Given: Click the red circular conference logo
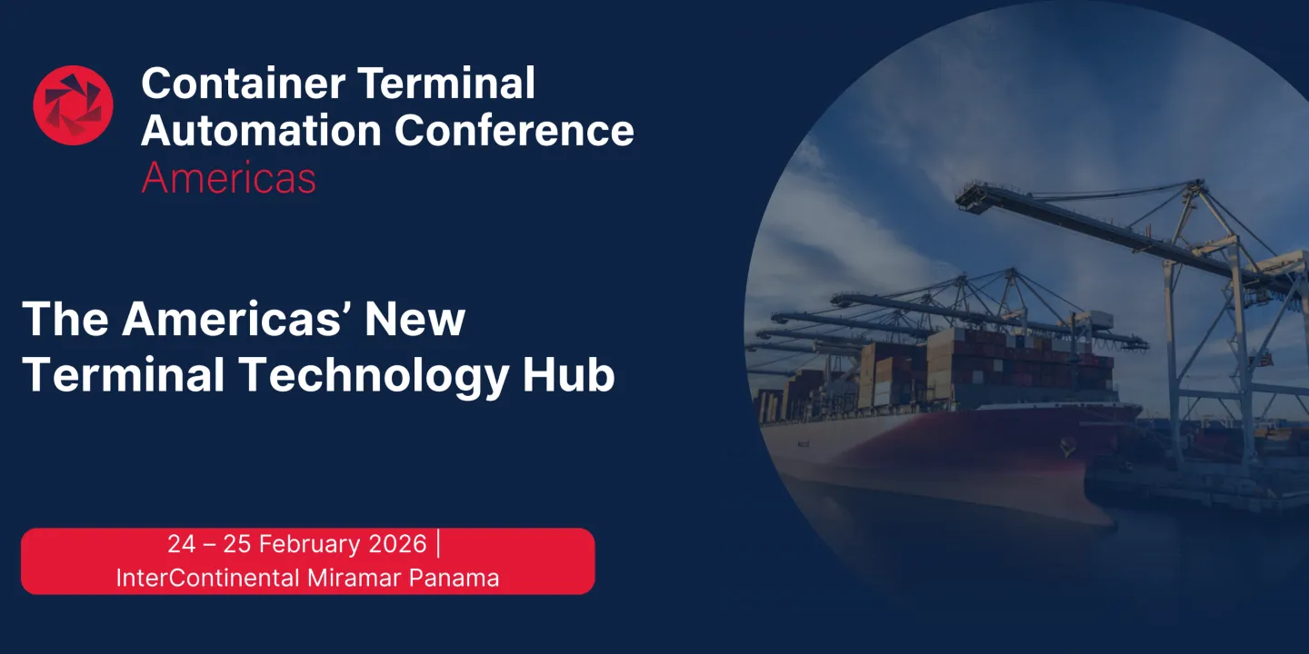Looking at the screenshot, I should coord(73,105).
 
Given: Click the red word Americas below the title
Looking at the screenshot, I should coord(228,177).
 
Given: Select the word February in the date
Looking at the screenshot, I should coord(311,544).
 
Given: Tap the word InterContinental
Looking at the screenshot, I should coord(208,578).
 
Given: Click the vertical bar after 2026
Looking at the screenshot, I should coord(439,544).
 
